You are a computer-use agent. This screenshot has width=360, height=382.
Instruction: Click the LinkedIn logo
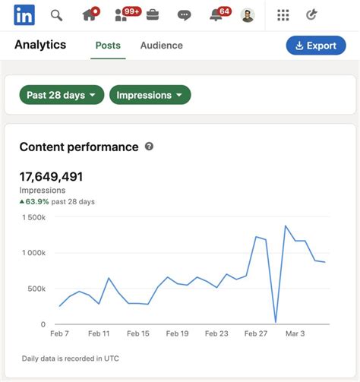(24, 14)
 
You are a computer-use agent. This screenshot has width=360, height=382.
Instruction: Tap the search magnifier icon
(56, 15)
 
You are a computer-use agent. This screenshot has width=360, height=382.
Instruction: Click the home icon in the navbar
(89, 15)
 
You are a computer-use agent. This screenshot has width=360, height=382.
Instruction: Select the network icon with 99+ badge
(122, 15)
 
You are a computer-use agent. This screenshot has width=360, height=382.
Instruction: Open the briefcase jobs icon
(152, 15)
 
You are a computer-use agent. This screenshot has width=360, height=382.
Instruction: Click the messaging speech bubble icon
(184, 15)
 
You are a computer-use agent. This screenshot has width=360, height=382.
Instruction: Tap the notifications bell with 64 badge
(216, 15)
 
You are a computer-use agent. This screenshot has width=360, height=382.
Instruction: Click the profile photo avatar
(247, 15)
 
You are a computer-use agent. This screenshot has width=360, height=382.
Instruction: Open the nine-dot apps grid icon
(283, 15)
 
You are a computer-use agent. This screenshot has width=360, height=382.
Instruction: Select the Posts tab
(108, 46)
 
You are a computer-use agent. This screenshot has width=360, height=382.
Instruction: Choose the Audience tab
(162, 46)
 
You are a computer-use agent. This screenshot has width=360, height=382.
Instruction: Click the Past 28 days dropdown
(62, 95)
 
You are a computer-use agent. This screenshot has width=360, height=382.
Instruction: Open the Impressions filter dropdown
(150, 95)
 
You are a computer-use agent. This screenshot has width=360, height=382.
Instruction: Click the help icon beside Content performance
(149, 146)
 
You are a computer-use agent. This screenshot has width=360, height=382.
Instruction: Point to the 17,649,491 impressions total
(51, 177)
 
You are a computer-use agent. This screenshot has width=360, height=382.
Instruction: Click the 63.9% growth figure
(37, 202)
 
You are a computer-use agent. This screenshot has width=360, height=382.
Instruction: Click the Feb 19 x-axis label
(177, 333)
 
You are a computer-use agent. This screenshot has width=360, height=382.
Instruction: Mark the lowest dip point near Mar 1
(276, 323)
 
